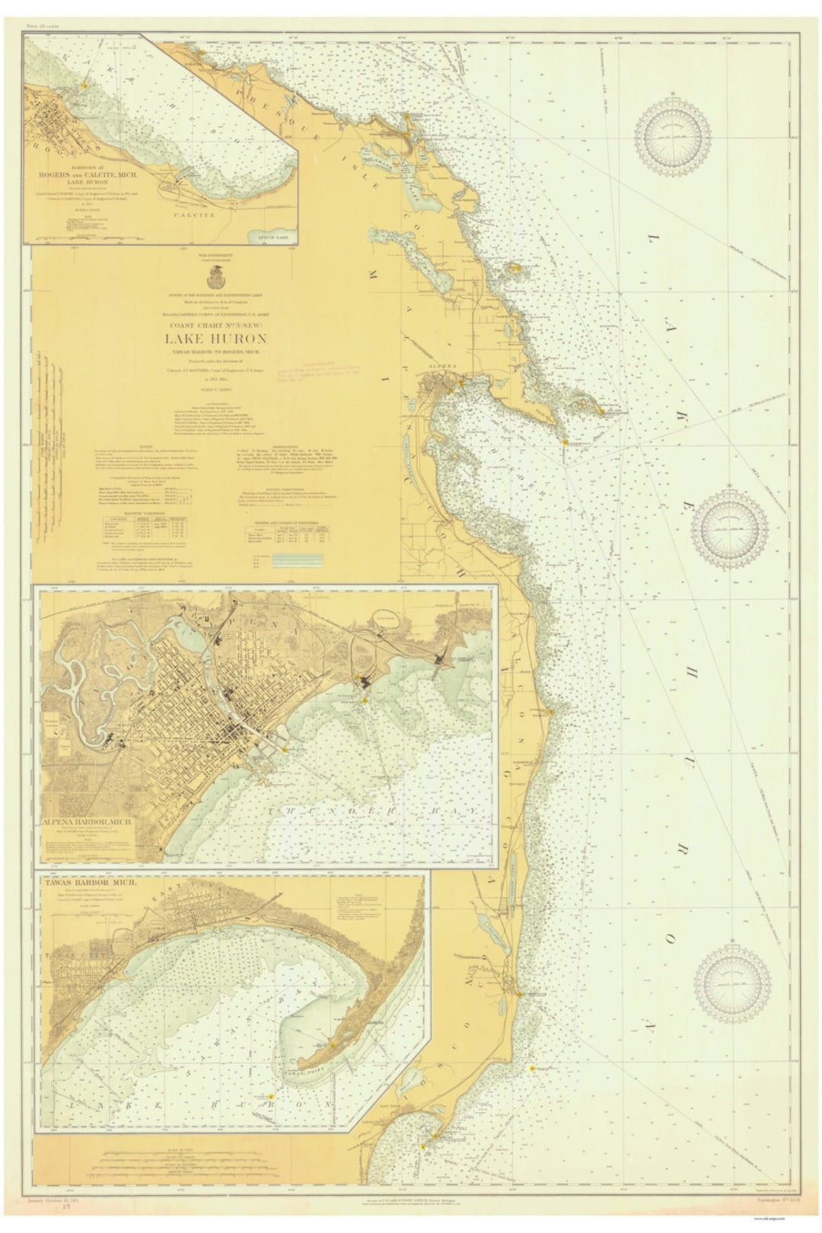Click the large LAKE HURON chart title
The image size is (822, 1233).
[x=215, y=339]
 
